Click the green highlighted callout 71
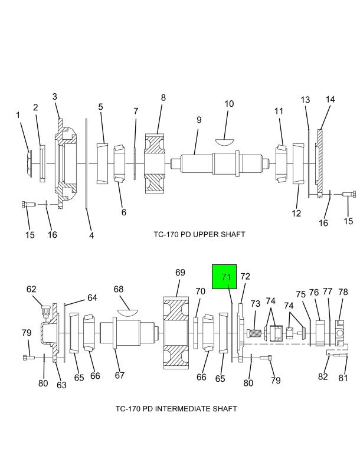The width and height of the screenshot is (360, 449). (x=224, y=277)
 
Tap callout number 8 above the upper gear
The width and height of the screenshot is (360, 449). (x=163, y=98)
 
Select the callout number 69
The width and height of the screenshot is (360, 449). (x=180, y=273)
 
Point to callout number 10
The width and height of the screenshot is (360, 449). (x=229, y=104)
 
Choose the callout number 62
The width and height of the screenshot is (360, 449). (x=31, y=289)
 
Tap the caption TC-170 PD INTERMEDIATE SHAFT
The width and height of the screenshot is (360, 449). (x=176, y=408)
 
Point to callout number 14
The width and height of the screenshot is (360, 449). (x=330, y=100)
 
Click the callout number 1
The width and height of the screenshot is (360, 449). (x=18, y=115)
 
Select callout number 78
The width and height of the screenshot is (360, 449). (x=343, y=292)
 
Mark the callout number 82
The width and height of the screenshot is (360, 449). (x=323, y=377)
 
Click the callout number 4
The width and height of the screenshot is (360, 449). (x=91, y=236)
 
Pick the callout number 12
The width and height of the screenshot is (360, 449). (x=296, y=213)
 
